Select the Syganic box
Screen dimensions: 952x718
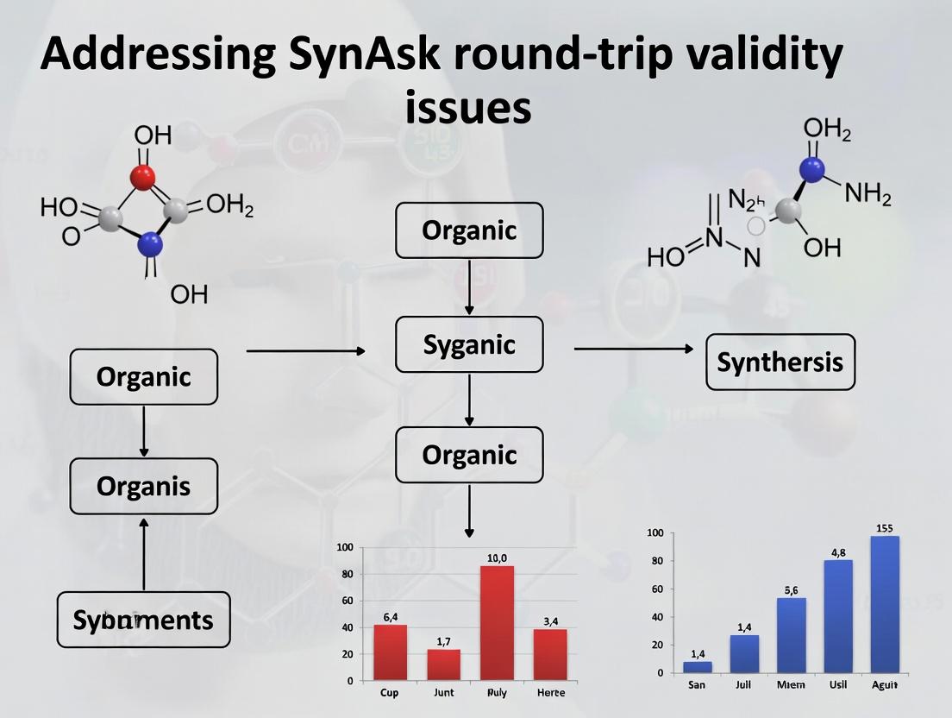pyautogui.click(x=469, y=344)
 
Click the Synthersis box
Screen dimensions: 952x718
pyautogui.click(x=780, y=362)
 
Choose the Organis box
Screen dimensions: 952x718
pyautogui.click(x=143, y=487)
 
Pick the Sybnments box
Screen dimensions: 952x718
pyautogui.click(x=143, y=620)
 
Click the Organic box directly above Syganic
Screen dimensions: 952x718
pyautogui.click(x=469, y=230)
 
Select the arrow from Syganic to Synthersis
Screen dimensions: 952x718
pyautogui.click(x=633, y=349)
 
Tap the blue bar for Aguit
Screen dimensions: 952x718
pyautogui.click(x=885, y=603)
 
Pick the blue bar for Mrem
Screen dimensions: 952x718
pyautogui.click(x=792, y=634)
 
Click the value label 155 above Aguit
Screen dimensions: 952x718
pyautogui.click(x=884, y=528)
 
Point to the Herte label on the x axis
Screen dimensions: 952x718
pyautogui.click(x=551, y=693)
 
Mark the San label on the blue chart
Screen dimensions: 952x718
pyautogui.click(x=697, y=685)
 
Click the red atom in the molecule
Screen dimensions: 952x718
pyautogui.click(x=143, y=178)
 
